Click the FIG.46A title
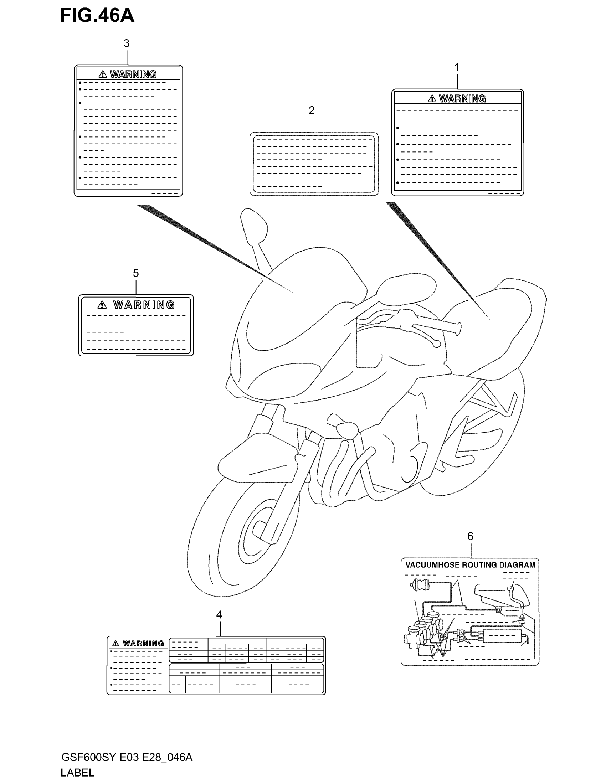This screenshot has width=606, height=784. pos(97,16)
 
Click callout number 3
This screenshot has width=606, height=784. pos(127,43)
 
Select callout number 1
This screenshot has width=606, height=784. pos(457,67)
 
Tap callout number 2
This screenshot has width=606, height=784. pos(312,110)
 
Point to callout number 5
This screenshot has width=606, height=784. pos(136,273)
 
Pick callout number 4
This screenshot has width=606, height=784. pos(219,615)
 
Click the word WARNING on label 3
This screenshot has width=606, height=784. pos(133,74)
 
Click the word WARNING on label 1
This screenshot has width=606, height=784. pos(462,98)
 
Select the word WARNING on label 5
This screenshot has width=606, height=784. pos(144,305)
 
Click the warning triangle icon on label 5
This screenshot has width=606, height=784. pos(102,305)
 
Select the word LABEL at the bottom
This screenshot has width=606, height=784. pos(78,773)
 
